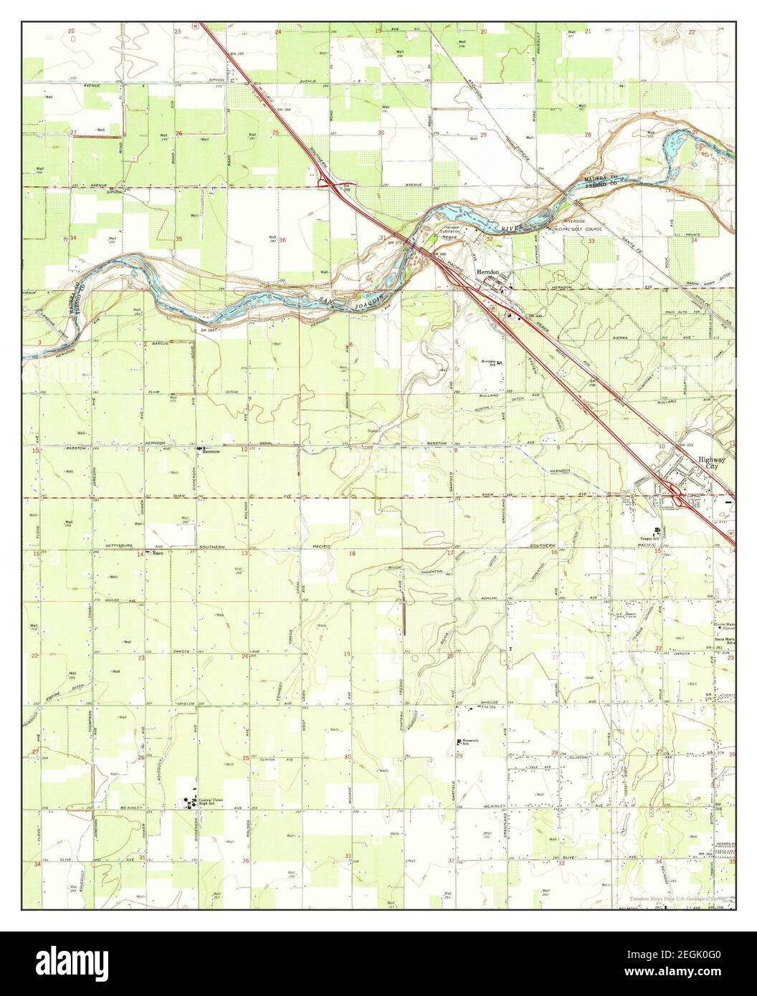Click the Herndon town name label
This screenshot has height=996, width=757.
(x=492, y=273)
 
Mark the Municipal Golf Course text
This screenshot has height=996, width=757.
(x=568, y=229)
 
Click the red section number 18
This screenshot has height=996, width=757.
(x=352, y=554)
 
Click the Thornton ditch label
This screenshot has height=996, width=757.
(x=452, y=571)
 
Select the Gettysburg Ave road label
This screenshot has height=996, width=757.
(x=120, y=546)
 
